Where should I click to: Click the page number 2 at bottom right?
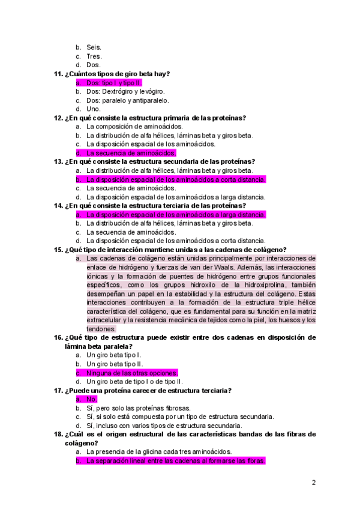click(x=313, y=482)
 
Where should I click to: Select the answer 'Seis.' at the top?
click(x=94, y=47)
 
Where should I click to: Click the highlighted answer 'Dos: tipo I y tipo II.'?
click(x=114, y=83)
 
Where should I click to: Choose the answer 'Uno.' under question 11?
click(x=93, y=109)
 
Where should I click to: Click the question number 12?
click(x=58, y=118)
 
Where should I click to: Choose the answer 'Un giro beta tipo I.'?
click(x=114, y=355)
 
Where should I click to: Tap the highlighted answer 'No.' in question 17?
click(x=91, y=399)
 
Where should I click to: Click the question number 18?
click(x=58, y=434)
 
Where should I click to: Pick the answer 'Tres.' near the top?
click(x=94, y=56)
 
